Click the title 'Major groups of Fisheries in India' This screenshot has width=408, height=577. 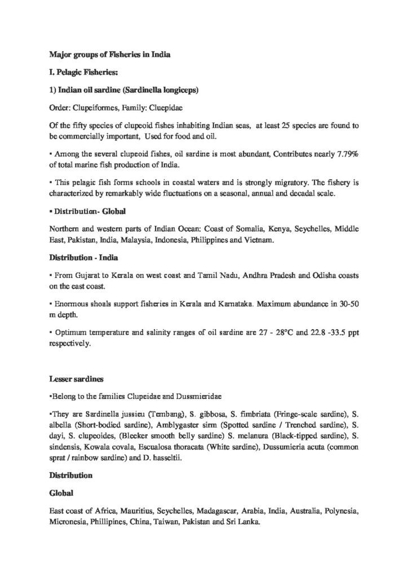pyautogui.click(x=107, y=55)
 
